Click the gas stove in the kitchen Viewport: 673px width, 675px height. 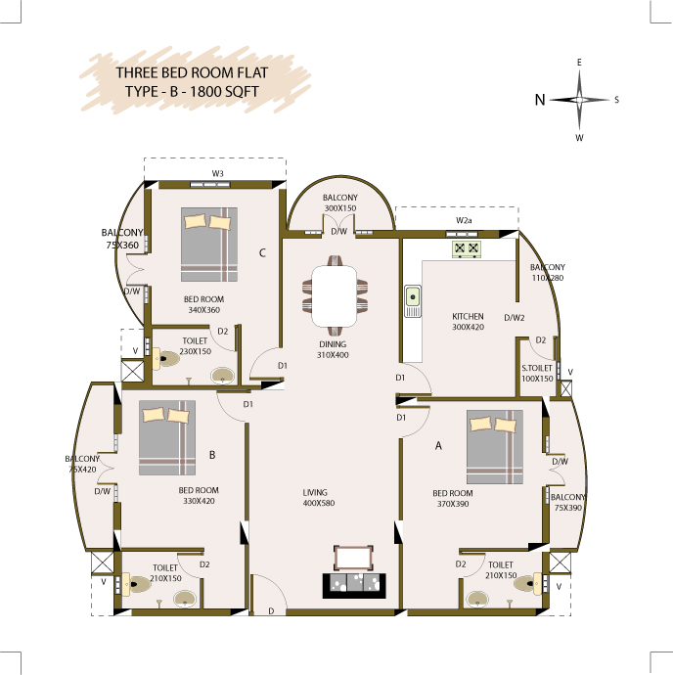[x=467, y=249]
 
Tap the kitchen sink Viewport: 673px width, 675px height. [x=413, y=301]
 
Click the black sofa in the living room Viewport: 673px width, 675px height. [x=354, y=585]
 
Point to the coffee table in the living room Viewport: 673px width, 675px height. [x=353, y=559]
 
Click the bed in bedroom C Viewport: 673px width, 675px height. [x=208, y=245]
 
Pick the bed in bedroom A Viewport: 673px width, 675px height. [x=495, y=447]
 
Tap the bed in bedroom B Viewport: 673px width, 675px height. [x=167, y=438]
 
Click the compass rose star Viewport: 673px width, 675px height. [x=579, y=100]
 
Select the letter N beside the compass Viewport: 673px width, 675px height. [x=540, y=100]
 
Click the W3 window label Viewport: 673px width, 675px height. [x=217, y=173]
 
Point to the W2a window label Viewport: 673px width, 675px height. [x=464, y=220]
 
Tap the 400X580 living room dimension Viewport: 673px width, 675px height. [x=319, y=503]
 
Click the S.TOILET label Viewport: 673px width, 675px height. [x=537, y=368]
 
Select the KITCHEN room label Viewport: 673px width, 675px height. [x=468, y=316]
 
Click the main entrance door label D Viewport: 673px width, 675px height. [x=271, y=610]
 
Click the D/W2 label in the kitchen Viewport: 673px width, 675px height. [x=515, y=318]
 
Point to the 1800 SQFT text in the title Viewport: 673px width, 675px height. [x=224, y=92]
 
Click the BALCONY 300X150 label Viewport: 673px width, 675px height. [x=340, y=202]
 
